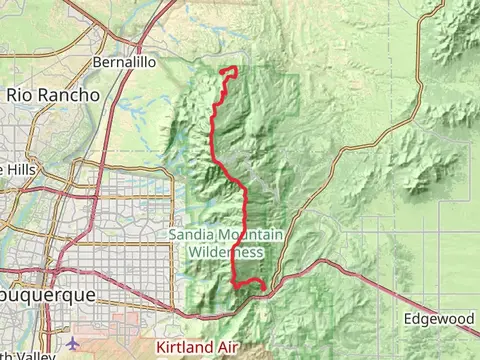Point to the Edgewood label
point(439,319)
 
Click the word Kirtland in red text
point(188,347)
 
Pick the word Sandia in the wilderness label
point(187,234)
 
